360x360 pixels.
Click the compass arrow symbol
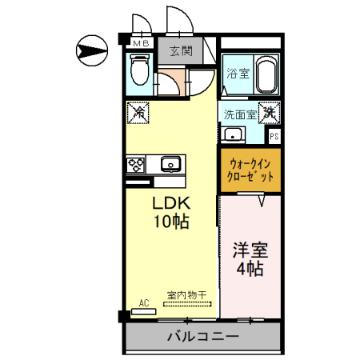90,52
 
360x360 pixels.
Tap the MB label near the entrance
140,43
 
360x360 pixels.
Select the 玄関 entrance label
181,52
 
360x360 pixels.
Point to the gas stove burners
135,165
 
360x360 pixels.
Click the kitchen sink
170,165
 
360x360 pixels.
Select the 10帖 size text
171,222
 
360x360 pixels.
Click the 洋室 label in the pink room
250,250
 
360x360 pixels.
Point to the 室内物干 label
186,295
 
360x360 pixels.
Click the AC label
144,302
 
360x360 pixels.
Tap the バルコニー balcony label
202,337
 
